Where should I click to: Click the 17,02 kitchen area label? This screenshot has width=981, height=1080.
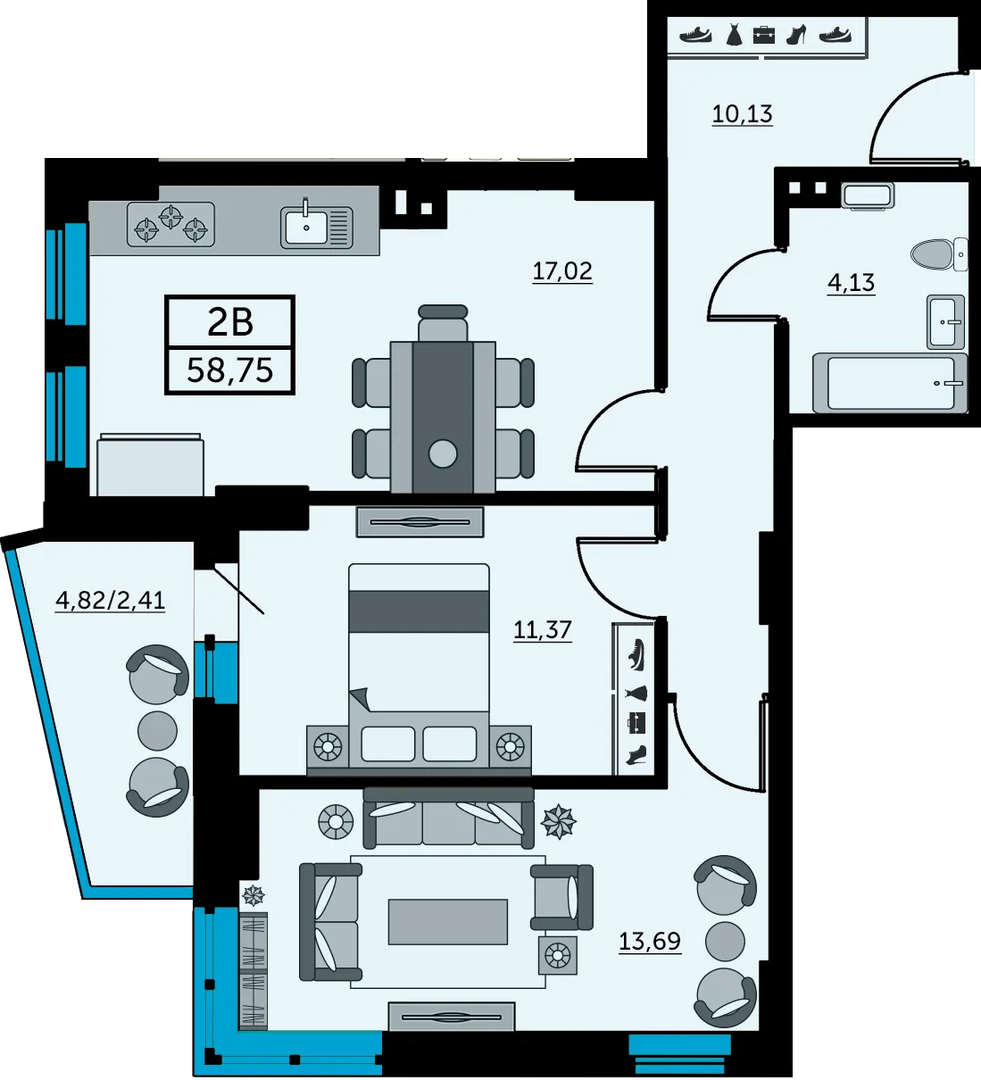(x=562, y=271)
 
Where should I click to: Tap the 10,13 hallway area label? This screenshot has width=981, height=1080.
(x=742, y=114)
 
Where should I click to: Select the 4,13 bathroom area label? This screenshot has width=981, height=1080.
(x=851, y=283)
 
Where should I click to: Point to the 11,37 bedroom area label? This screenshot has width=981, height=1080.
(x=542, y=630)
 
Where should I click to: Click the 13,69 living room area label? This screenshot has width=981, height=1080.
(x=650, y=941)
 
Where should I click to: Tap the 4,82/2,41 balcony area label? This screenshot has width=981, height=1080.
(x=110, y=601)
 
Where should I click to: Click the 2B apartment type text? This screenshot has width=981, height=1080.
(x=230, y=323)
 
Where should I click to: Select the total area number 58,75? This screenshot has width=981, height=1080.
(x=230, y=370)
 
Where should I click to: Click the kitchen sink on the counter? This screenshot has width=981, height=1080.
(x=317, y=227)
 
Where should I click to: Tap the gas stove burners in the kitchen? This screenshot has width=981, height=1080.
(x=170, y=225)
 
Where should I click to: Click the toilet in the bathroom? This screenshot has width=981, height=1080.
(x=939, y=254)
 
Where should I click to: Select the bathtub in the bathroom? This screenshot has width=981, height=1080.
(x=890, y=383)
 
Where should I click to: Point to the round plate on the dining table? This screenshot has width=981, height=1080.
(x=443, y=453)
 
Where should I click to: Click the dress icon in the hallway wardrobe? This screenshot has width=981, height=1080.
(x=734, y=35)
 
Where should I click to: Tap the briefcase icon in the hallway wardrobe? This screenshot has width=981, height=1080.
(x=764, y=35)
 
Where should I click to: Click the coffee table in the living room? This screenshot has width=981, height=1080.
(x=447, y=921)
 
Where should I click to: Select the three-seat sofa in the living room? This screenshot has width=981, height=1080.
(x=448, y=818)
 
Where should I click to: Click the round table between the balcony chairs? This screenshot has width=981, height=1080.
(x=157, y=731)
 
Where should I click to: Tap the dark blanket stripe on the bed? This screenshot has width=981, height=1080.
(x=419, y=611)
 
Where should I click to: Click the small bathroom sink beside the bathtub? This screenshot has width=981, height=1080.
(x=945, y=321)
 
